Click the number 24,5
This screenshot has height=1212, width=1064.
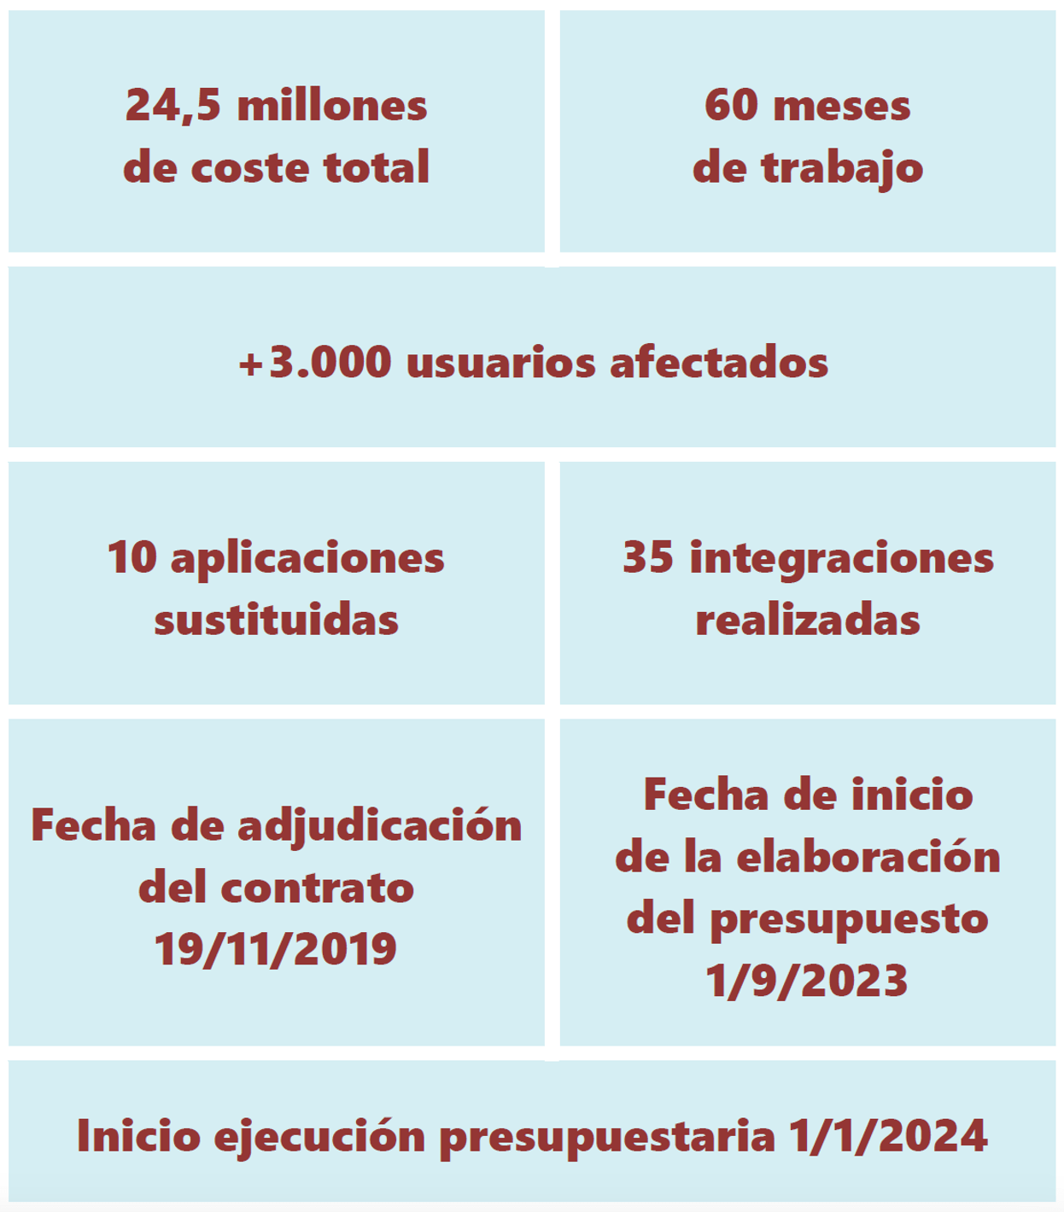[x=172, y=106]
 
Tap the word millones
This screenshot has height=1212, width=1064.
[x=332, y=106]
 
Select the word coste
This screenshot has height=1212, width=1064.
[x=250, y=167]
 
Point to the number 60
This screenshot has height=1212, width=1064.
[x=731, y=106]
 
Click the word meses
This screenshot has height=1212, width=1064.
[x=841, y=106]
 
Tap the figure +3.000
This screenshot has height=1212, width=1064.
[x=314, y=363]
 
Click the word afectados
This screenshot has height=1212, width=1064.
[x=719, y=363]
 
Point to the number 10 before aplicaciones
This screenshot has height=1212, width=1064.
[x=132, y=558]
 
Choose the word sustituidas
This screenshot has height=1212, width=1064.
[x=276, y=621]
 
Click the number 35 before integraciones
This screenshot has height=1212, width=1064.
[x=648, y=558]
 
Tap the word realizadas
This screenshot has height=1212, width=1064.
[x=808, y=621]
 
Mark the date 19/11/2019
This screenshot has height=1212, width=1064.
[x=276, y=949]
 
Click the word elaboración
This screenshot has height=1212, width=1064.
[x=868, y=858]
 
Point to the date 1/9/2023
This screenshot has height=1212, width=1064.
[x=807, y=981]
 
